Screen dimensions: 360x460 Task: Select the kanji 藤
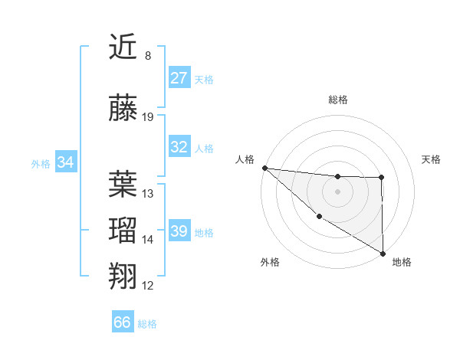click(123, 110)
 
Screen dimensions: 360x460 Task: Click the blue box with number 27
click(179, 78)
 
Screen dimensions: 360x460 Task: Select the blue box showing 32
click(179, 147)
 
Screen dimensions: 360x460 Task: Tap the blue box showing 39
click(179, 231)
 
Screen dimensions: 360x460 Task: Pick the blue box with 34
click(66, 162)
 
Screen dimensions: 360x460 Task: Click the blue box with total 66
click(123, 322)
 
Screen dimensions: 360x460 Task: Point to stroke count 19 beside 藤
click(148, 117)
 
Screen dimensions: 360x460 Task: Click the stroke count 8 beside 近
click(147, 56)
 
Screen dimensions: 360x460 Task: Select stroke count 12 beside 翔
click(148, 286)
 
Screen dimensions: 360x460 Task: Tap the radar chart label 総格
click(338, 100)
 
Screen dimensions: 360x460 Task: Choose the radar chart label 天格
click(432, 159)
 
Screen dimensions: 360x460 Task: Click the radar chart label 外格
click(270, 262)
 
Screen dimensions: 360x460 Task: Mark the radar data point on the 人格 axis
click(264, 168)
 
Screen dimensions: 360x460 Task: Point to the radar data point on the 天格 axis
click(382, 178)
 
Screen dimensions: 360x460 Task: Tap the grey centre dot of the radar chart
click(338, 191)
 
